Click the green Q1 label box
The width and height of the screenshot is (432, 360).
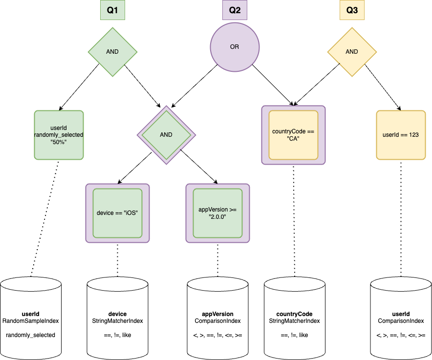(x=112, y=10)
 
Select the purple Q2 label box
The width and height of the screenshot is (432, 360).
(x=235, y=10)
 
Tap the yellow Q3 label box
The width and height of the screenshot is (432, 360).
(x=352, y=10)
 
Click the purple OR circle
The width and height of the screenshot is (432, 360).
(x=235, y=47)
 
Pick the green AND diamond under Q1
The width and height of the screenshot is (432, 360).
(x=112, y=51)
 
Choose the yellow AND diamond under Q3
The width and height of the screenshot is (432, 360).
(x=352, y=51)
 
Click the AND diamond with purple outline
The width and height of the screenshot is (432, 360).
(x=166, y=135)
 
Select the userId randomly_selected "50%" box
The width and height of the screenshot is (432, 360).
(x=59, y=135)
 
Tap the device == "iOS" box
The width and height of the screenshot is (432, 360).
(x=117, y=213)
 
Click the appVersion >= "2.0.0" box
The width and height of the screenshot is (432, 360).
(x=217, y=213)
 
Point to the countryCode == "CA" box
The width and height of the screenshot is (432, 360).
(x=293, y=135)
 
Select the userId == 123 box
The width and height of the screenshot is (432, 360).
(x=401, y=135)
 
